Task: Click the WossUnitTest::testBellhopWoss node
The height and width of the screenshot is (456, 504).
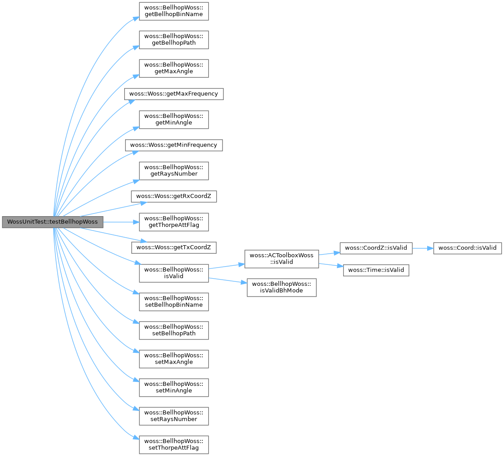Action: coord(53,222)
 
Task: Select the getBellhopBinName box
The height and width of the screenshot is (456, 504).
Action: coord(174,11)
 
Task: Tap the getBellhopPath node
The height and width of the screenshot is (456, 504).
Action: coord(174,39)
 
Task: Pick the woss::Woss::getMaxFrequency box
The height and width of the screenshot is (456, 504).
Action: coord(174,94)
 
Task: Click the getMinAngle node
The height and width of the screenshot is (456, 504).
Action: coord(174,119)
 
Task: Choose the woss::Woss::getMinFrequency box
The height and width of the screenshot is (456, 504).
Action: coord(174,145)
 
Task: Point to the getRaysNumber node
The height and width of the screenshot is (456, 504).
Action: coord(174,170)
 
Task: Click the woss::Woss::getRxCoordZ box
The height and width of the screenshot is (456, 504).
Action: coord(174,196)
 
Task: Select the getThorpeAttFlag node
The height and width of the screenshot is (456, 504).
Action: coord(174,221)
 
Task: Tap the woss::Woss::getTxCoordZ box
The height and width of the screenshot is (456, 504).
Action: coord(174,247)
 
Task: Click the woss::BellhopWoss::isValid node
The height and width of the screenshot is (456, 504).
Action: coord(174,272)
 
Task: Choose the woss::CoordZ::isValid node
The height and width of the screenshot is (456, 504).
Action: coord(376,247)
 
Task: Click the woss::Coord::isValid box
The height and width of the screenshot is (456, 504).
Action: coord(467,247)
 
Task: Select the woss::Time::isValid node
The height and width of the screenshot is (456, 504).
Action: coord(376,270)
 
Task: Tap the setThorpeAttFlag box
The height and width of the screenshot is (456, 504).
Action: coord(174,444)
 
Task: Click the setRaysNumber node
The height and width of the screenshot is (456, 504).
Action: coord(174,415)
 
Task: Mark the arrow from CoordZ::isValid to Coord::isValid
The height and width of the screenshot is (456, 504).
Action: coord(422,247)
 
